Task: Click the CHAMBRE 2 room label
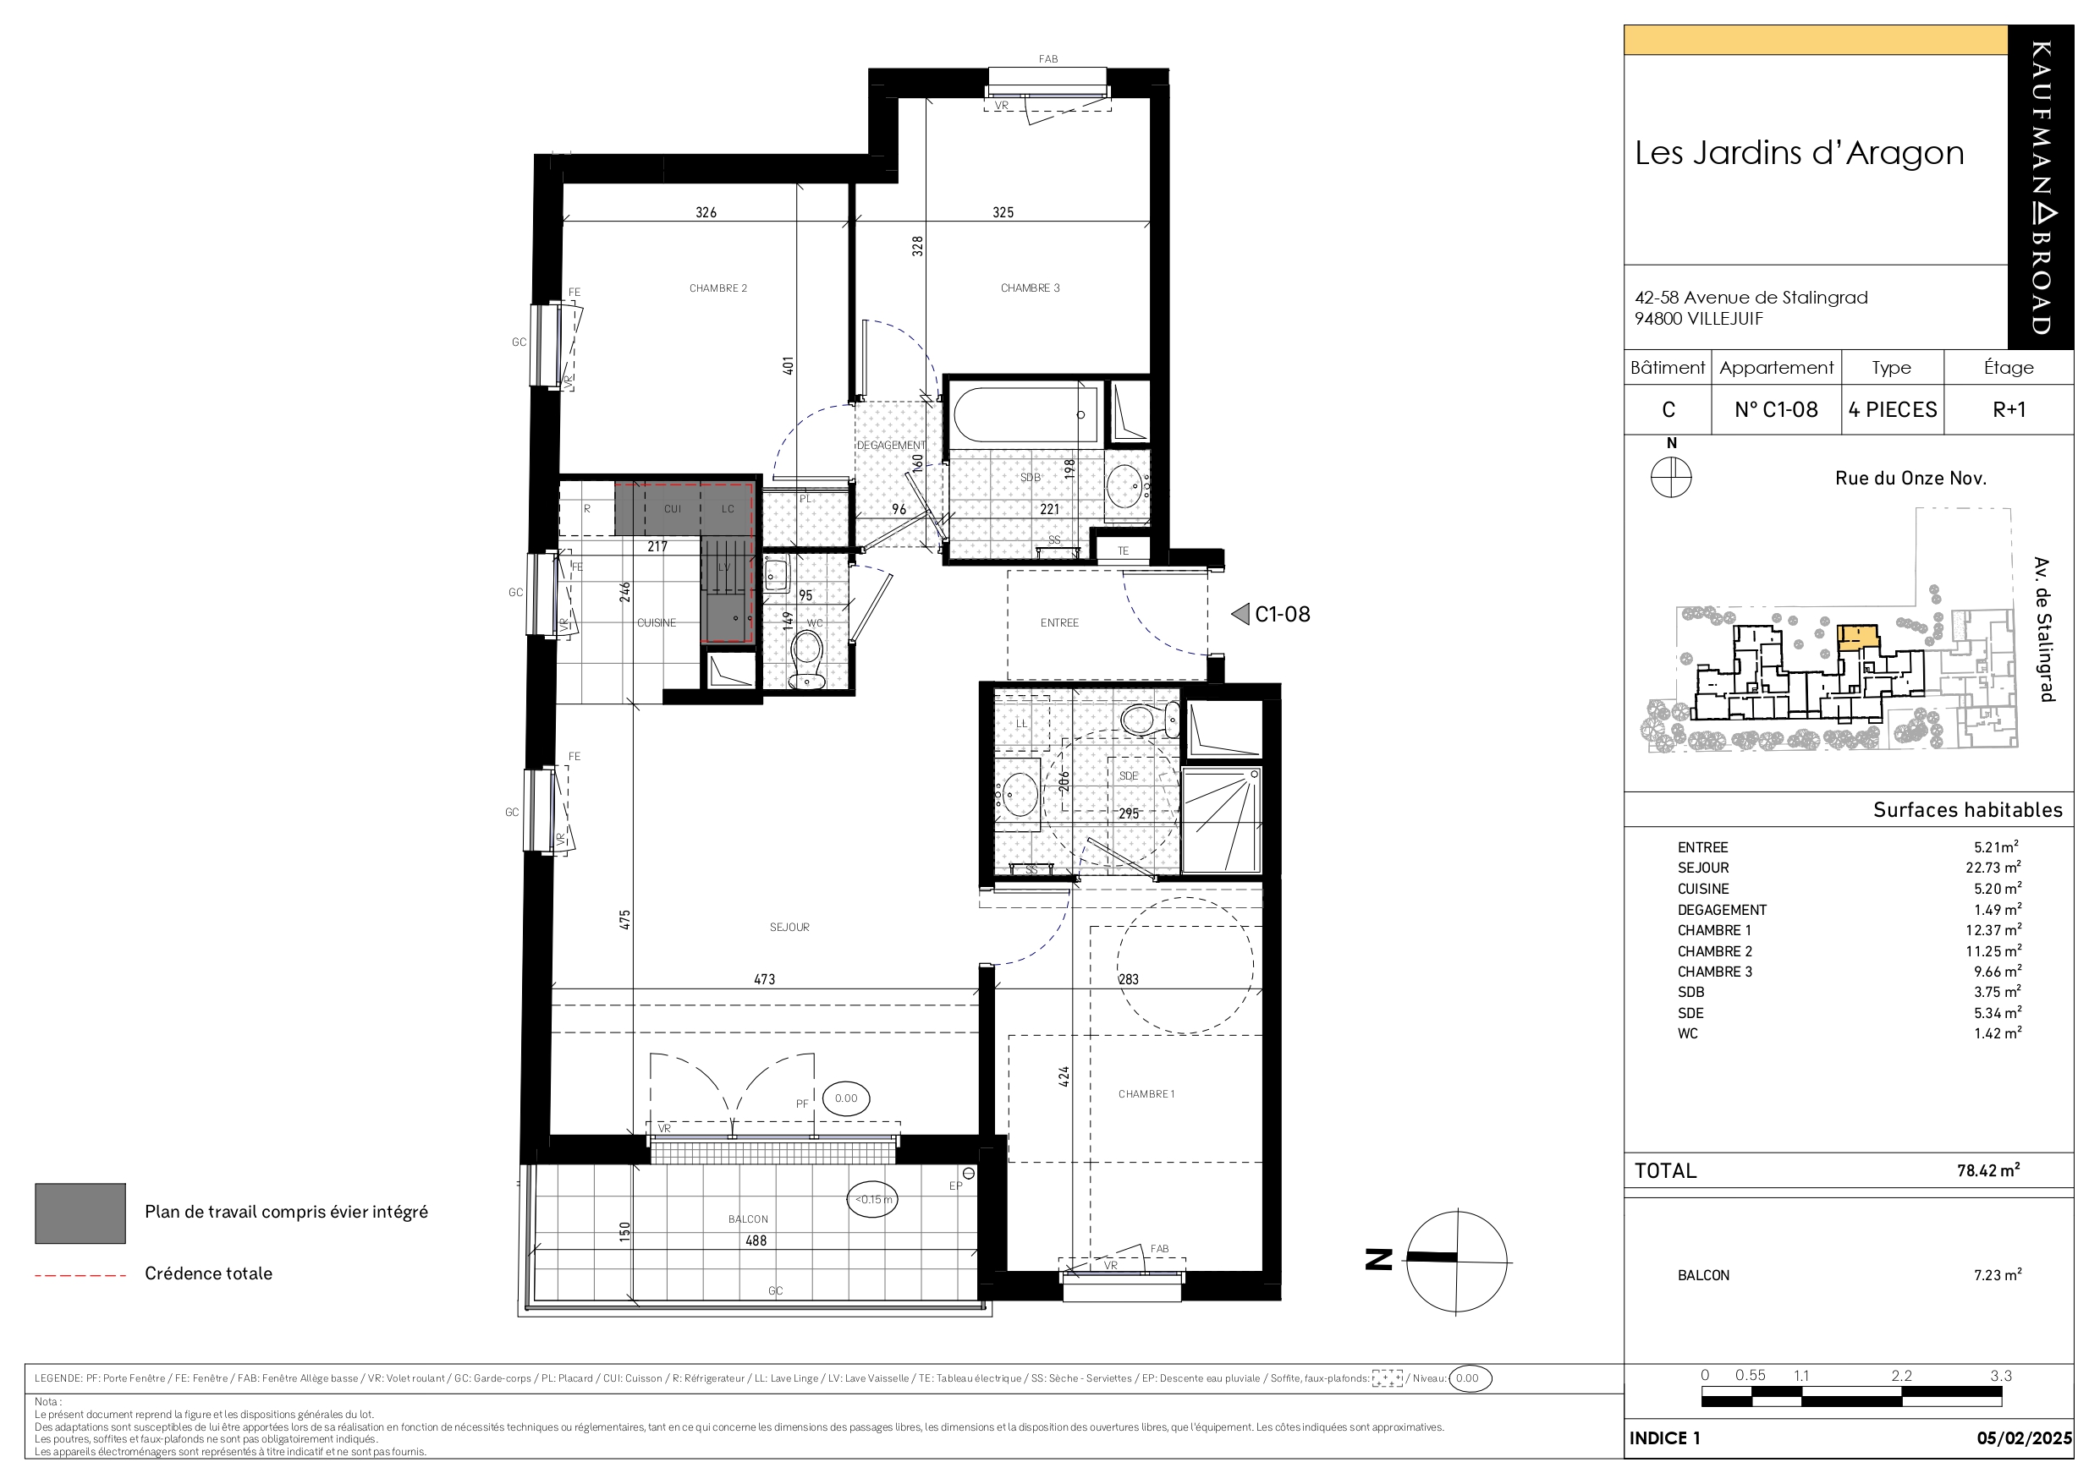(x=718, y=288)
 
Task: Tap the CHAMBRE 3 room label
(x=1030, y=288)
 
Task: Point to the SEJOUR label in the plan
(x=789, y=927)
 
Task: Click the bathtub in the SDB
(x=1025, y=414)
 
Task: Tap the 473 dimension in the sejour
(x=765, y=979)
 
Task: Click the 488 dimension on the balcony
(x=756, y=1240)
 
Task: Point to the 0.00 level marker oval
(x=846, y=1098)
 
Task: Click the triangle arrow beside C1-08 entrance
(x=1240, y=614)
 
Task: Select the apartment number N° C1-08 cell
(x=1776, y=409)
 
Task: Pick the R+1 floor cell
(x=2009, y=409)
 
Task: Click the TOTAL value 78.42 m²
(x=1988, y=1169)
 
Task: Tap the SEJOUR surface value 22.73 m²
(x=1993, y=867)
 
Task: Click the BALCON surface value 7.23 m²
(x=1998, y=1274)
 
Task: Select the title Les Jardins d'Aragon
(x=1799, y=153)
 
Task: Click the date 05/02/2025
(x=2024, y=1438)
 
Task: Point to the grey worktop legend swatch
(x=80, y=1213)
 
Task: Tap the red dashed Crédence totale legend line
(x=80, y=1274)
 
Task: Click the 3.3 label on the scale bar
(x=2000, y=1375)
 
